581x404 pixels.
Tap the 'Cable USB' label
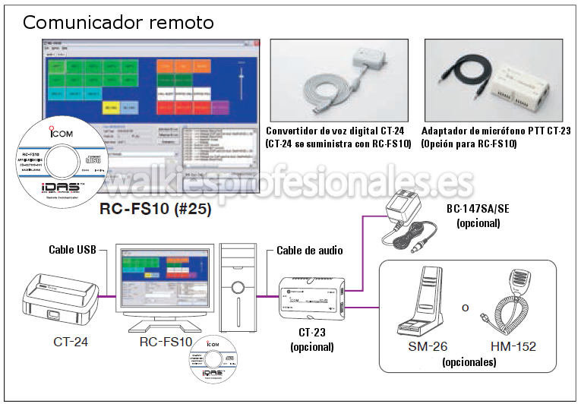(72, 249)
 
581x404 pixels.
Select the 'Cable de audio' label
(309, 251)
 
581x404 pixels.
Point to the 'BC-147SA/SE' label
(478, 209)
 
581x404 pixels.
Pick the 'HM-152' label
(513, 346)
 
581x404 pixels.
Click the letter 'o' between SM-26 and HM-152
(465, 308)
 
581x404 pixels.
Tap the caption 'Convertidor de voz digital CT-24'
(339, 131)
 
